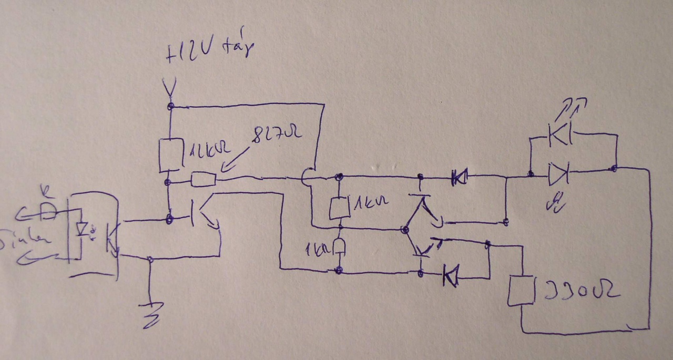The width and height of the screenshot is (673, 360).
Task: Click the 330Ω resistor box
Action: pos(521,291)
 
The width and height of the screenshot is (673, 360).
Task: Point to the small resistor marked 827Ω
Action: pos(203,180)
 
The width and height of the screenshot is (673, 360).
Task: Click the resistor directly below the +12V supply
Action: pos(170,155)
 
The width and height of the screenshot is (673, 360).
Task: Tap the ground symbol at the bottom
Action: pos(152,313)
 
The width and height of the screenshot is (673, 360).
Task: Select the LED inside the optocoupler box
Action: pos(82,230)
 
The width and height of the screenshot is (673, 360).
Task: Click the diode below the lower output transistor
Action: pos(450,275)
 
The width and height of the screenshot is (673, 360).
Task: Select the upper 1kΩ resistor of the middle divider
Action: pos(338,208)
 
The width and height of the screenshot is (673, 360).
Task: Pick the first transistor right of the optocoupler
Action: pos(202,212)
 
